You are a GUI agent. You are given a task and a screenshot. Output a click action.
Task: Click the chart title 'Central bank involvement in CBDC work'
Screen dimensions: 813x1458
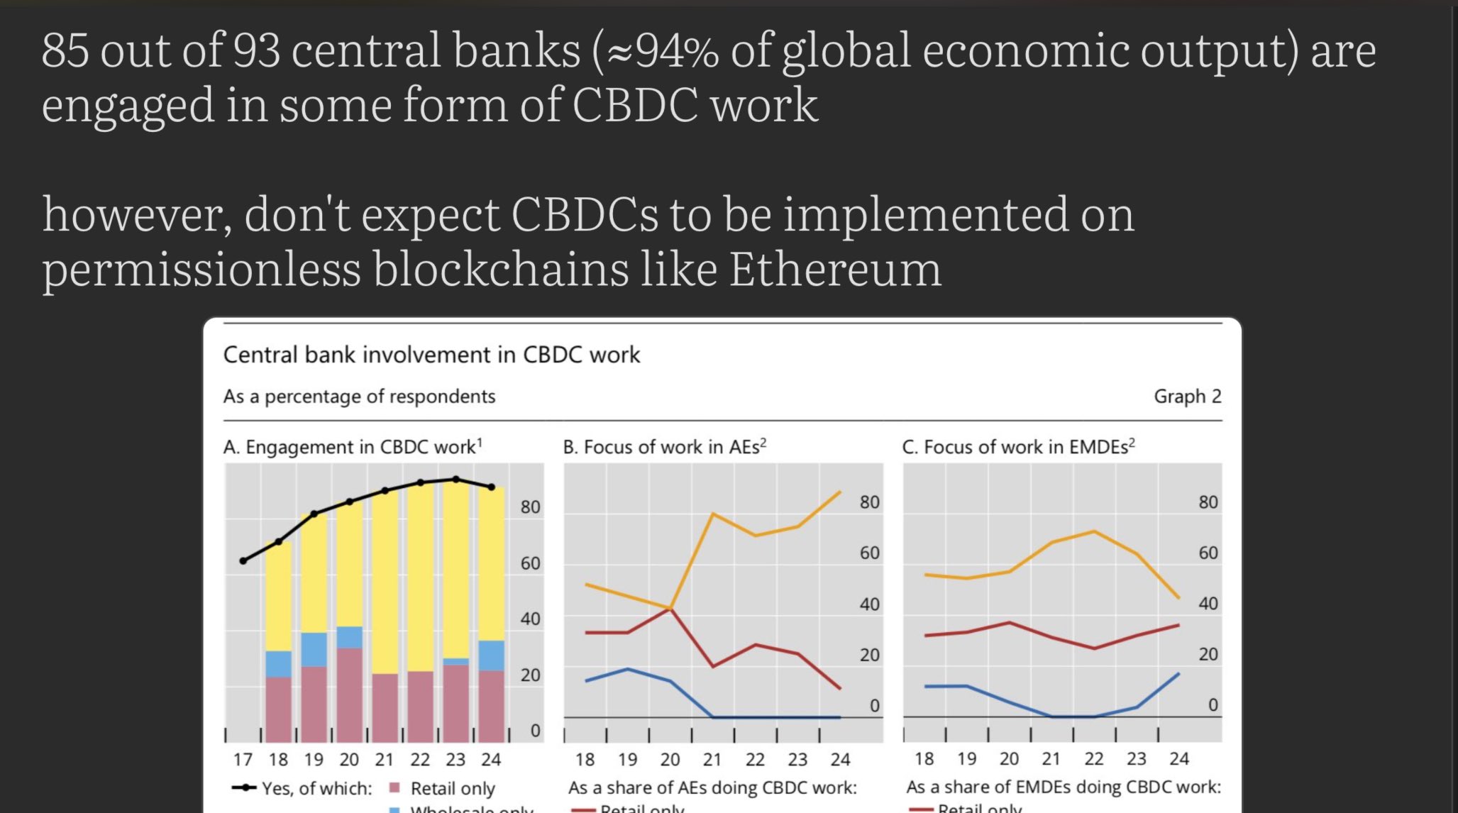[x=431, y=355]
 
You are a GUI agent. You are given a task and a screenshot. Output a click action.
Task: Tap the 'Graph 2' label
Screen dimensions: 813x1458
[x=1187, y=397]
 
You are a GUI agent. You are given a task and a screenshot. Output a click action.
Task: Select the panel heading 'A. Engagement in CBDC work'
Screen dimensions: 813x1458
[x=352, y=447]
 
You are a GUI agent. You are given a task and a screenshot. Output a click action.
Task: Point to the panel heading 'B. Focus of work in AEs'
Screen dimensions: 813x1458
[x=664, y=447]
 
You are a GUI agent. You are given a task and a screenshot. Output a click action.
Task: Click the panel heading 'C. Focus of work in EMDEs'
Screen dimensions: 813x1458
[x=1018, y=447]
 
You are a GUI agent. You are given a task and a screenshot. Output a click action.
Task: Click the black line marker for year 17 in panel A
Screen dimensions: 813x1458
[x=243, y=560]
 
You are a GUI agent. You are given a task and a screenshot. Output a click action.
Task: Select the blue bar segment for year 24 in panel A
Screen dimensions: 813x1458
[x=491, y=656]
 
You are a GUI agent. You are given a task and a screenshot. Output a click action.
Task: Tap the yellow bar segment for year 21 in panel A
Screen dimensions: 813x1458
[x=385, y=582]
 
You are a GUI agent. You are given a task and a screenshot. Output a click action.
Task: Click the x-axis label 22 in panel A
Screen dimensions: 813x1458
[x=420, y=760]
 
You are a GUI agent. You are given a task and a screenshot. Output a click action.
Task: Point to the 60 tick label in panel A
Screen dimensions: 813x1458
[x=530, y=563]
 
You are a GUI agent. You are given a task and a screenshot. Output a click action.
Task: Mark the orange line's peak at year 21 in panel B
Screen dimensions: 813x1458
[x=712, y=514]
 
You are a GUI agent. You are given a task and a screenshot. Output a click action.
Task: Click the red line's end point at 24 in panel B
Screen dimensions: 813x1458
[x=840, y=688]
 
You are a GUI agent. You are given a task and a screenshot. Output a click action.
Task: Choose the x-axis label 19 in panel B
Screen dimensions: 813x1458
[x=627, y=760]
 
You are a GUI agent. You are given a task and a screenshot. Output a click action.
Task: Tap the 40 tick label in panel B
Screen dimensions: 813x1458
[x=869, y=604]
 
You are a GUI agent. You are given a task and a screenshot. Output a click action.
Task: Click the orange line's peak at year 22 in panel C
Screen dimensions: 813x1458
[x=1094, y=531]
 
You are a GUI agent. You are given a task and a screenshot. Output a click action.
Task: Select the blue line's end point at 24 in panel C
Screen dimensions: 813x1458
[x=1179, y=673]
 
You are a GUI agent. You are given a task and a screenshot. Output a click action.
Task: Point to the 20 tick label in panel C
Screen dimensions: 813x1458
[x=1208, y=654]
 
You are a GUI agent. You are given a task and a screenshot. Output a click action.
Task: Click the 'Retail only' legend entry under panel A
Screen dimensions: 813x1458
[x=452, y=788]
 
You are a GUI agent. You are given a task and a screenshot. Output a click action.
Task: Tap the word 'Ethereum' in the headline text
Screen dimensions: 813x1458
[x=835, y=270]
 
